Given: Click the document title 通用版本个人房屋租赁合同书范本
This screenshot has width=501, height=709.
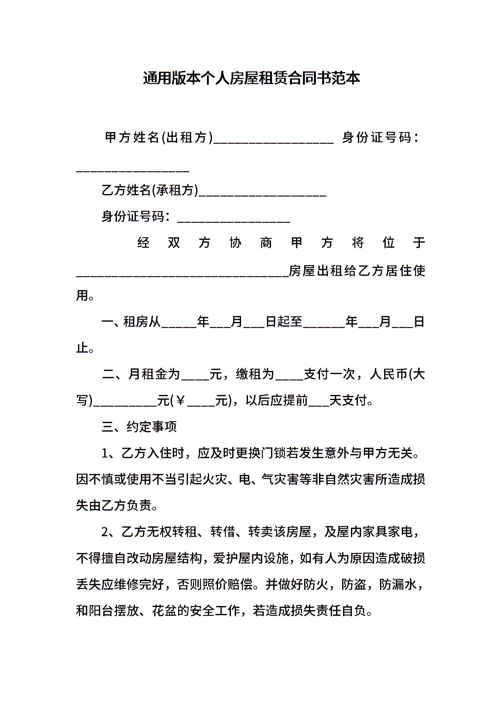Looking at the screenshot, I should click(251, 78).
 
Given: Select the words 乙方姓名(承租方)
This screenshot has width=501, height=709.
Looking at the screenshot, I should click(150, 190).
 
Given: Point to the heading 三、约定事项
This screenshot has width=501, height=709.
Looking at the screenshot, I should click(139, 427).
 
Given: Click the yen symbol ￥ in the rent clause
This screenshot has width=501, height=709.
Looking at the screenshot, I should click(180, 401).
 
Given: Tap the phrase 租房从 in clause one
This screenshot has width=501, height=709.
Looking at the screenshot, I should click(142, 322).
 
